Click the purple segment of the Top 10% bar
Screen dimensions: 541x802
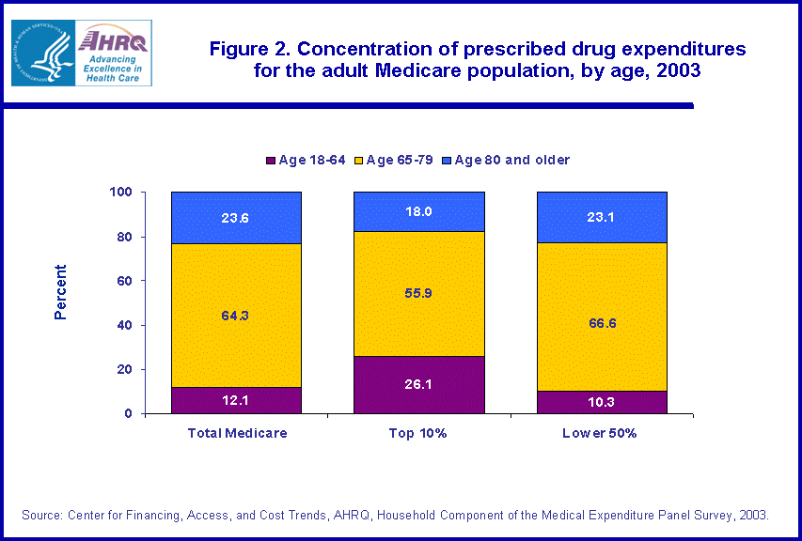tap(418, 385)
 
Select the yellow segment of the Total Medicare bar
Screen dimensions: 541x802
tap(236, 315)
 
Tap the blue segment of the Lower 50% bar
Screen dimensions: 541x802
tap(601, 217)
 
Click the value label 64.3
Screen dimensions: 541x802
tap(236, 316)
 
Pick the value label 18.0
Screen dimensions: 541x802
tap(418, 211)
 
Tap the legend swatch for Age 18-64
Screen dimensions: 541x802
tap(272, 161)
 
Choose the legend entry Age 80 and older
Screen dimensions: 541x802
tap(511, 161)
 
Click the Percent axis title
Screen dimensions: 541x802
tap(61, 292)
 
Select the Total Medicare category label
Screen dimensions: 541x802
tap(236, 433)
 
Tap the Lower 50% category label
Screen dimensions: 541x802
tap(601, 433)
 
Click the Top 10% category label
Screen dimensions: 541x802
tap(418, 433)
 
